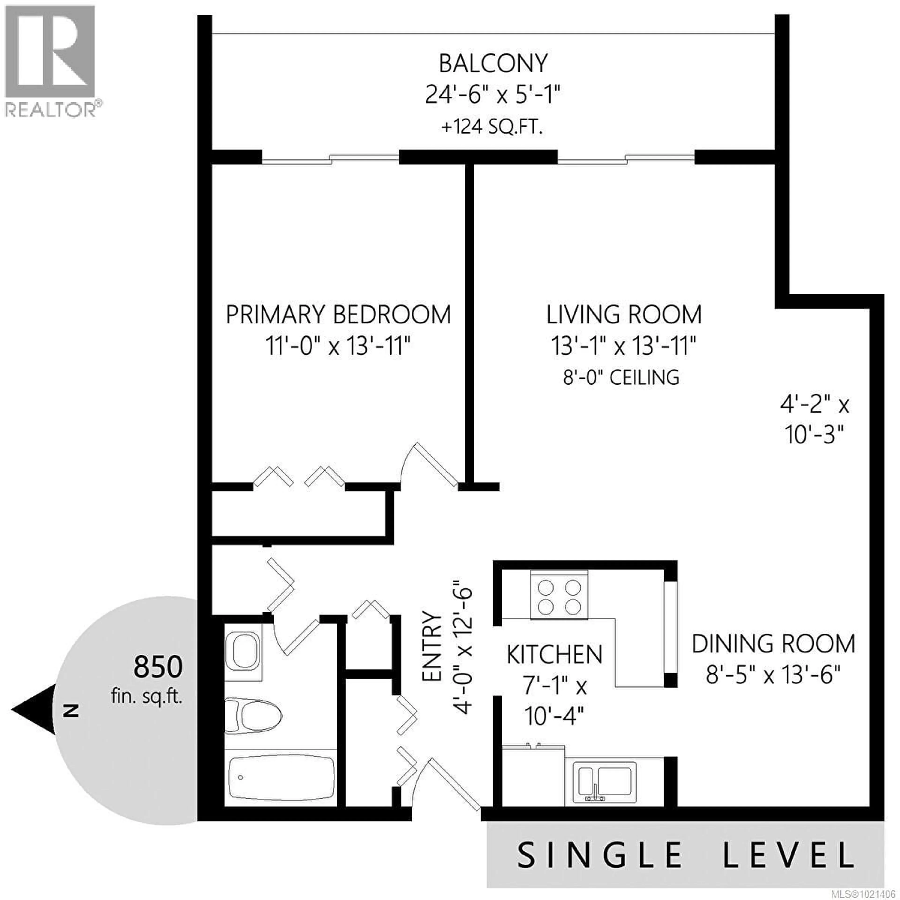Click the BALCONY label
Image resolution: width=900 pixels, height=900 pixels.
tap(493, 64)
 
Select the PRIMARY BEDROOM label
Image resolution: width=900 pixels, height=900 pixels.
tap(338, 315)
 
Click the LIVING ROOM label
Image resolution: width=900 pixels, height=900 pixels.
tap(624, 315)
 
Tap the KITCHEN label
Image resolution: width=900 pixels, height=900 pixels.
tap(554, 655)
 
